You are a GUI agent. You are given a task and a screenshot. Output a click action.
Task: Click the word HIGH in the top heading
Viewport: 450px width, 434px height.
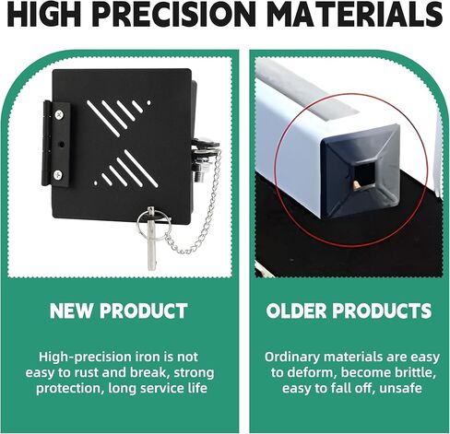point(43,14)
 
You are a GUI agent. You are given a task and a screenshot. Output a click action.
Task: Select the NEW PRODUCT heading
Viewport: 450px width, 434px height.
point(119,311)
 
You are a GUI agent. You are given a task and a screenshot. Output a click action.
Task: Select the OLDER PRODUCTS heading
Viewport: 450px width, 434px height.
point(349,311)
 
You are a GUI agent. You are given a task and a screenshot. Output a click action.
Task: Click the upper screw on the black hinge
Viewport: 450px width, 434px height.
point(59,114)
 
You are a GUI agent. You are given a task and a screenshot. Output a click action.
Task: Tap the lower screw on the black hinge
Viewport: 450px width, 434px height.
point(58,175)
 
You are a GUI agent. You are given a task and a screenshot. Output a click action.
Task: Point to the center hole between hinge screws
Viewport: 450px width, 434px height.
point(62,144)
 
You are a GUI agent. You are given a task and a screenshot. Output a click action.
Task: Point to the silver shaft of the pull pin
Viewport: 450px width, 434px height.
point(151,242)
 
